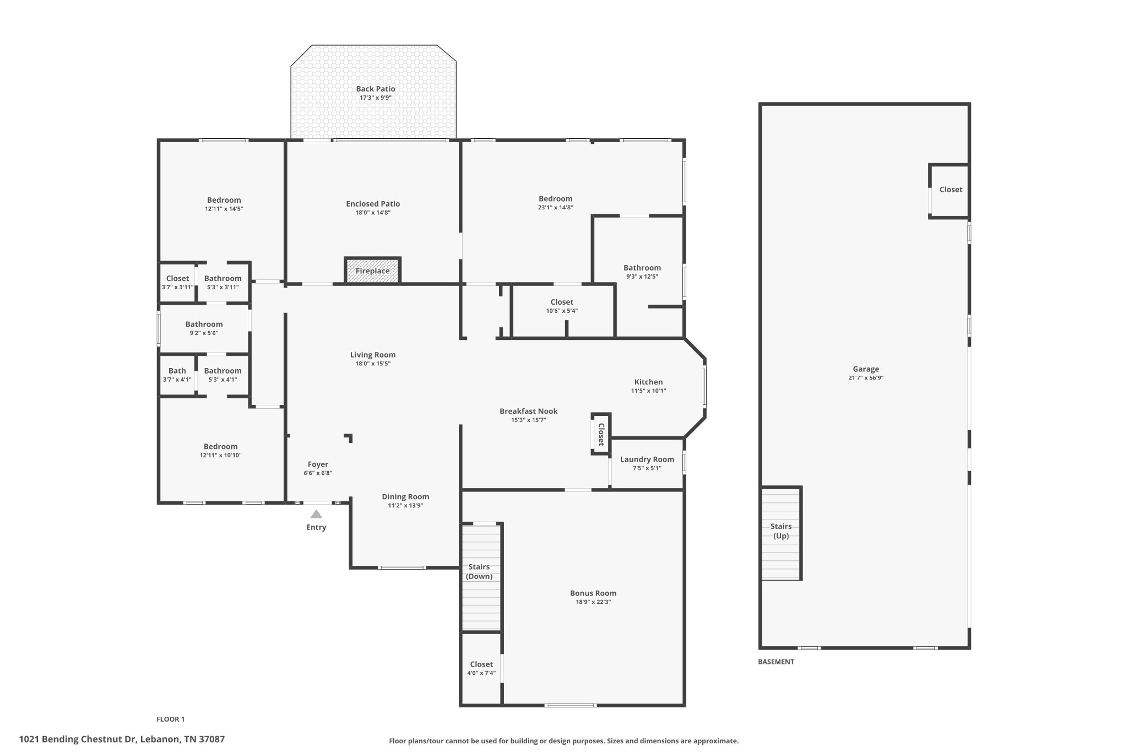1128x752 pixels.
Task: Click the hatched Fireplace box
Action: click(372, 270)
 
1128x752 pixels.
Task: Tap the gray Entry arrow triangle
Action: click(316, 514)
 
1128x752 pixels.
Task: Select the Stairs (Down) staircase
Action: click(481, 577)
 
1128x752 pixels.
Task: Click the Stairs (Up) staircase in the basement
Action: click(780, 533)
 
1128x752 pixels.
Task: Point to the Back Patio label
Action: click(376, 89)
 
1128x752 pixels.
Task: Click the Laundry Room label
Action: click(647, 459)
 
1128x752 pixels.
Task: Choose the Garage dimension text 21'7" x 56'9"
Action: click(866, 378)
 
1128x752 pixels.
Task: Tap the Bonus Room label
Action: click(593, 593)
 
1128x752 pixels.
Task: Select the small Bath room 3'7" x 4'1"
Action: click(177, 375)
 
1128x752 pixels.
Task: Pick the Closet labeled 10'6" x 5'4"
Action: click(562, 310)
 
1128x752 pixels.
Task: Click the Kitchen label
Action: click(649, 382)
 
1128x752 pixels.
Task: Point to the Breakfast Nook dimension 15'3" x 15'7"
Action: click(528, 420)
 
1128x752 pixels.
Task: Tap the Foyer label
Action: click(318, 464)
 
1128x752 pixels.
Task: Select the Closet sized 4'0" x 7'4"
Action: click(481, 669)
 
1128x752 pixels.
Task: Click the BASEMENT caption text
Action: click(776, 662)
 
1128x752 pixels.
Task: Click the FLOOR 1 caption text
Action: click(171, 719)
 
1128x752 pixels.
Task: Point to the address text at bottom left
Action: click(122, 739)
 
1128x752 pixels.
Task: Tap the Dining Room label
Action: click(405, 497)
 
